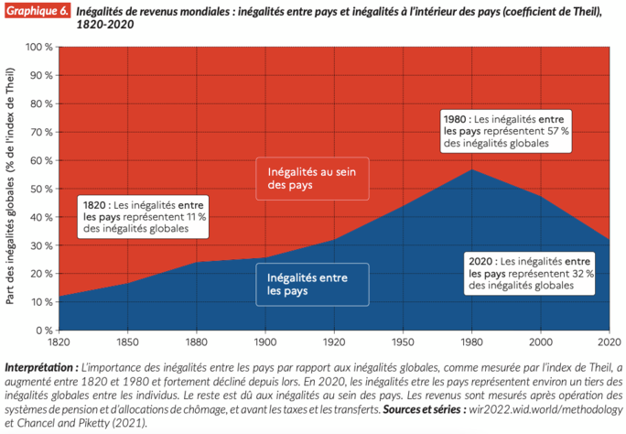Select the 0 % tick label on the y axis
click(42, 330)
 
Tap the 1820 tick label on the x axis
click(56, 342)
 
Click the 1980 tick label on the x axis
click(470, 342)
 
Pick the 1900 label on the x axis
click(264, 342)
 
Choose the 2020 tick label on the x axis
click(608, 342)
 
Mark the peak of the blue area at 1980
click(470, 169)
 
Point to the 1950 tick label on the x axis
click(402, 342)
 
